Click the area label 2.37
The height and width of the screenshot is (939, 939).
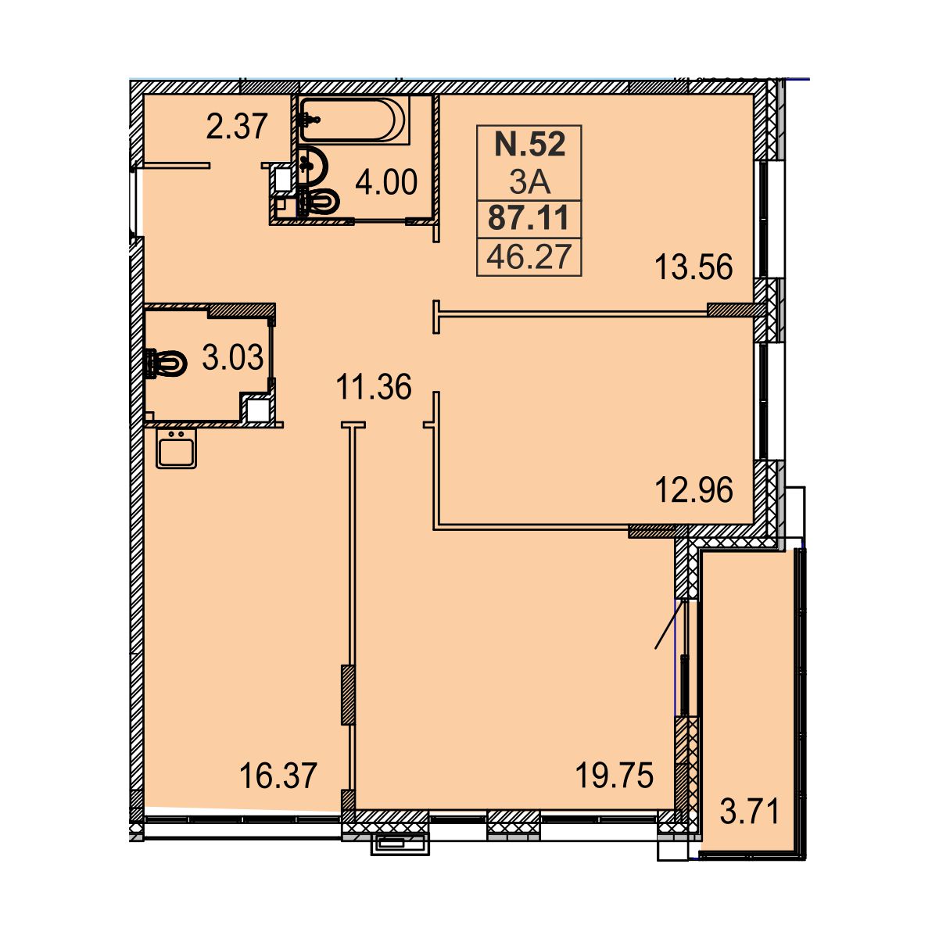(x=237, y=127)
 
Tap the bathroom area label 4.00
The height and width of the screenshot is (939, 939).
(x=386, y=182)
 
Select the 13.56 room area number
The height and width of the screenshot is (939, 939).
(x=694, y=267)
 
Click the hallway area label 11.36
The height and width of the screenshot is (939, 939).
(x=374, y=387)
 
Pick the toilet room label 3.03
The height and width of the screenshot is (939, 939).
(x=232, y=357)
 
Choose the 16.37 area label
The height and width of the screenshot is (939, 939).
(x=278, y=776)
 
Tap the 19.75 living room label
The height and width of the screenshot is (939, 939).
(x=614, y=776)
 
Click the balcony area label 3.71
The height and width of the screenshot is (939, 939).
(x=750, y=812)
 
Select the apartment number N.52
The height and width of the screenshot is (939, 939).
(x=529, y=144)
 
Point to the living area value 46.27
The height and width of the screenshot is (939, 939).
(x=529, y=256)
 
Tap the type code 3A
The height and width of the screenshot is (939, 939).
(x=529, y=182)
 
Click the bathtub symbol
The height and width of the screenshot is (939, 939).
(x=353, y=120)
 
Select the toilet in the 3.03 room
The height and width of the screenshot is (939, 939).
(x=166, y=363)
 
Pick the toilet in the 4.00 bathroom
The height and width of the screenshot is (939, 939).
(x=318, y=201)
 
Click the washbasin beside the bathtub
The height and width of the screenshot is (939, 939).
(x=312, y=164)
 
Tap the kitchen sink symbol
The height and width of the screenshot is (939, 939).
(x=177, y=448)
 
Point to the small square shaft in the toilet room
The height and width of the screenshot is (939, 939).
(x=258, y=410)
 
